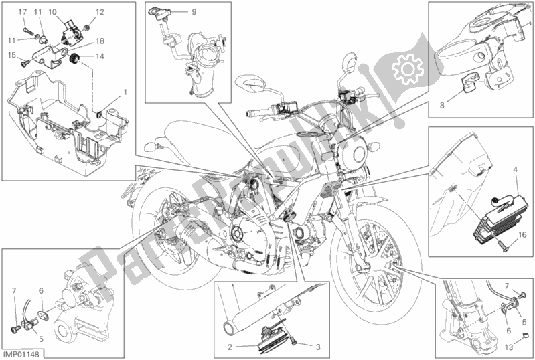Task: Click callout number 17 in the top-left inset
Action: pos(22,12)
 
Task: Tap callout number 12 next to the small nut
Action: pos(99,12)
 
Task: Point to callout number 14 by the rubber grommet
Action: pos(99,56)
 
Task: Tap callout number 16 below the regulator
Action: pos(522,236)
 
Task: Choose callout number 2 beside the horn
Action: pos(230,347)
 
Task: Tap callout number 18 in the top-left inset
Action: pos(99,41)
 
